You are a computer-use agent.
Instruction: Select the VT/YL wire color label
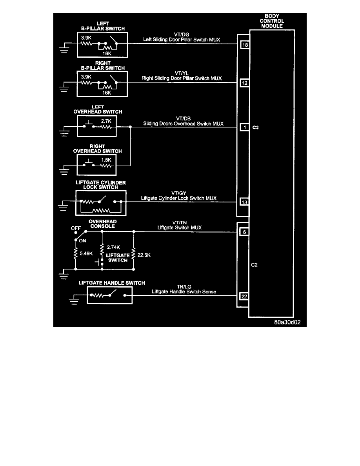(183, 73)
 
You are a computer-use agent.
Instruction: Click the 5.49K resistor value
(86, 253)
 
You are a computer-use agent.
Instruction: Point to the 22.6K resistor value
(144, 255)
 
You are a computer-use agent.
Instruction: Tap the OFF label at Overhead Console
(75, 228)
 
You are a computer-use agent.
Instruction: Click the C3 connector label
(255, 128)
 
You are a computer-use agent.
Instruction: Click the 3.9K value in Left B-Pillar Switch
(86, 38)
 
